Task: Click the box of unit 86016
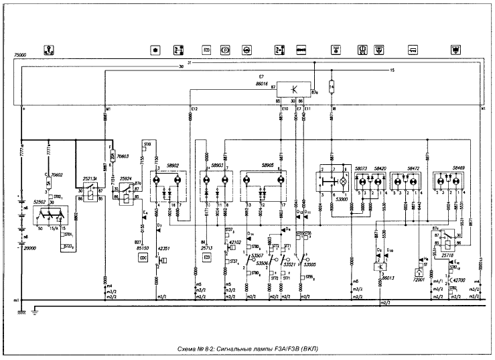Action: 294,90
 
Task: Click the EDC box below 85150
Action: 143,256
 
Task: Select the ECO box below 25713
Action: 206,256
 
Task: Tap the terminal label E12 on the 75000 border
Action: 194,108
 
